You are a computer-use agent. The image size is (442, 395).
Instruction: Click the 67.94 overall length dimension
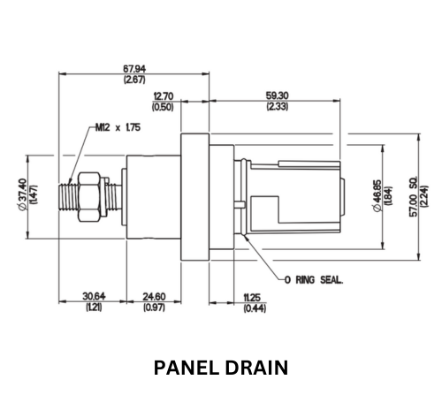tap(134, 69)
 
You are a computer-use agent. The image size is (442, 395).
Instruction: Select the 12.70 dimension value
tap(164, 96)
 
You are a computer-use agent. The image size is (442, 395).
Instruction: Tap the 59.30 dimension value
tap(278, 95)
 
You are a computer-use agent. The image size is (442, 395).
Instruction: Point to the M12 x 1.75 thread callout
tap(118, 127)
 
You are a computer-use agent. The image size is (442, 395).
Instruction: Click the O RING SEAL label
tap(314, 279)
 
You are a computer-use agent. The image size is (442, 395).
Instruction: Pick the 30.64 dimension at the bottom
tap(94, 296)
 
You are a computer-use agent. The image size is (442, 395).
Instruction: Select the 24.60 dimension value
tap(154, 296)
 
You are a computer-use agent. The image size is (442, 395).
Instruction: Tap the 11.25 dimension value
tap(252, 298)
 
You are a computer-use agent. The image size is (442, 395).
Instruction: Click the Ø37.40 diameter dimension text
tap(23, 194)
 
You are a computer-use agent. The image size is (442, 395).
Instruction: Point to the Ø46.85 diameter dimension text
tap(377, 195)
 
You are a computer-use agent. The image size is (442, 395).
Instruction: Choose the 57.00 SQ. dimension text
tap(414, 196)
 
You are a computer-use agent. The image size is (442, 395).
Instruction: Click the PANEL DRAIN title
tap(221, 368)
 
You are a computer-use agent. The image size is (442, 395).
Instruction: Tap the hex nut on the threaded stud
tap(88, 197)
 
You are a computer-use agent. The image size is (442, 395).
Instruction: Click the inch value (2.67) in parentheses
tap(134, 80)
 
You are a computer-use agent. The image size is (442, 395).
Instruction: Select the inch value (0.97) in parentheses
tap(154, 308)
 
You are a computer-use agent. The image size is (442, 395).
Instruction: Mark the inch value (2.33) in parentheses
tap(278, 106)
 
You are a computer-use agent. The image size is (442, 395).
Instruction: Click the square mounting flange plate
tap(194, 197)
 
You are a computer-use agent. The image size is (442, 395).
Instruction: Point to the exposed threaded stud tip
tap(68, 197)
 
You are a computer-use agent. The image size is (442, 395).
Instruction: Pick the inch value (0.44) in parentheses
tap(255, 308)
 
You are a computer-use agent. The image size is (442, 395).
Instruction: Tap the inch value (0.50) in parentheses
tap(163, 107)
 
